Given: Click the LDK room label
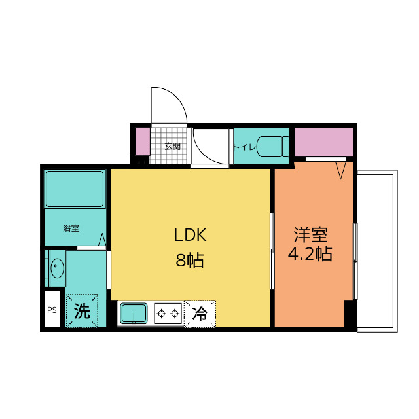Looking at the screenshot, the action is [x=190, y=235].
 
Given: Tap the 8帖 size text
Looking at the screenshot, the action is [x=190, y=260].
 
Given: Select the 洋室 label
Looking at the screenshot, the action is [x=310, y=234].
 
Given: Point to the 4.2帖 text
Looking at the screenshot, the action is [x=310, y=253].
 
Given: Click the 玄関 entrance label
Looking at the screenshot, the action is [x=172, y=147].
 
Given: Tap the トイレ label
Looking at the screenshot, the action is [x=244, y=147].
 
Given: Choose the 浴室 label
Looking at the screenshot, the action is [x=71, y=228].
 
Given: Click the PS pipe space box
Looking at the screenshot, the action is [x=52, y=309].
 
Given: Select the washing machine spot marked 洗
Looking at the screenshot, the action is [x=82, y=310].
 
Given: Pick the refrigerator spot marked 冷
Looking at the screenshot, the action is [x=200, y=314].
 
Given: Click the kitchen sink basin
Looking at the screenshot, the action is [x=134, y=313].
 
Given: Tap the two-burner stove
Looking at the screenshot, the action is [x=168, y=313].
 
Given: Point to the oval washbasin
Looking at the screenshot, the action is [x=57, y=268].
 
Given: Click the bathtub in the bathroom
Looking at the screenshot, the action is [x=75, y=189].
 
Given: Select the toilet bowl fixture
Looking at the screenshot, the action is [x=272, y=147].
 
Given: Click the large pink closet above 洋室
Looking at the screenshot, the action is [x=323, y=142].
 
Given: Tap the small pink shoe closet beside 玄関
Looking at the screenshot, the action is [x=143, y=141].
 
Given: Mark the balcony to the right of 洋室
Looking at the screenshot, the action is [x=377, y=251].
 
